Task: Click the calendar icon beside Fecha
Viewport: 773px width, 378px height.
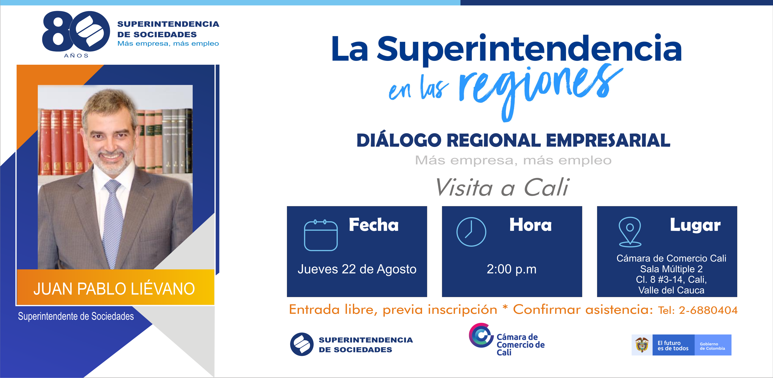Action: tap(321, 235)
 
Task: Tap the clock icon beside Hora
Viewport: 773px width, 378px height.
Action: tap(471, 232)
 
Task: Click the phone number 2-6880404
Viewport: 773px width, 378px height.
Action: tap(708, 310)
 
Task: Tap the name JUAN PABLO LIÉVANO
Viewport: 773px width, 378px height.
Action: tap(114, 289)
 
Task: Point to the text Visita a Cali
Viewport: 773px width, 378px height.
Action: tap(502, 187)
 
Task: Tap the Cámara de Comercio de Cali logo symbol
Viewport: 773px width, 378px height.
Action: tap(481, 335)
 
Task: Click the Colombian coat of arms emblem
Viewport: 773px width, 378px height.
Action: tap(642, 345)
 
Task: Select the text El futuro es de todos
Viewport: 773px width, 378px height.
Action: tap(673, 346)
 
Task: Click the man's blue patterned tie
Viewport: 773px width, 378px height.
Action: tap(113, 222)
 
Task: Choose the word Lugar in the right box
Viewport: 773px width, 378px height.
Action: tap(695, 225)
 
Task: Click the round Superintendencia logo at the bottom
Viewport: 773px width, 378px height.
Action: tap(302, 344)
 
